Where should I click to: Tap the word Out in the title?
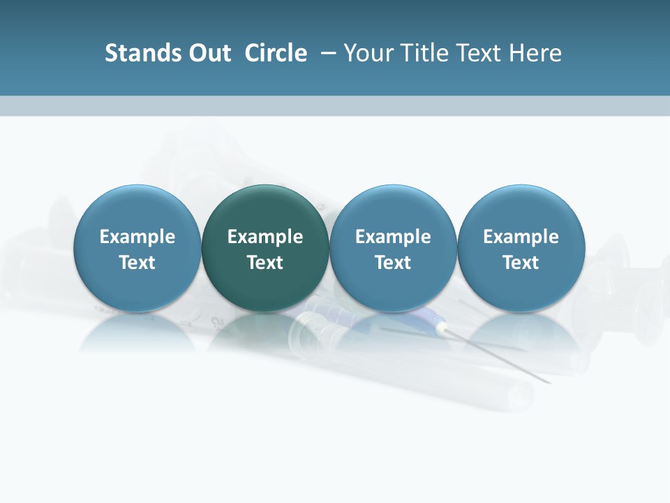point(207,53)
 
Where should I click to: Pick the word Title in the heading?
point(420,53)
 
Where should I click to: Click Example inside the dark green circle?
point(265,237)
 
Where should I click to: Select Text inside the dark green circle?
point(265,263)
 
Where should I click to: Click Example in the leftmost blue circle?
point(137,237)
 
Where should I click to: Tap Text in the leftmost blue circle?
point(137,263)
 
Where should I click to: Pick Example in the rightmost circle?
point(521,237)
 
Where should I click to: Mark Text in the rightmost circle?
point(521,263)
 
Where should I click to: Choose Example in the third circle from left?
point(393,237)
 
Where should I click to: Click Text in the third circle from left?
point(393,263)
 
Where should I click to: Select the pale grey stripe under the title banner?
point(335,105)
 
